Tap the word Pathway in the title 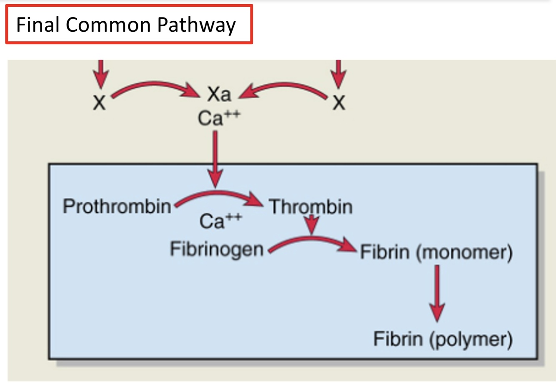coord(196,25)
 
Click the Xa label coord(219,94)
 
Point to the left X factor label coord(99,102)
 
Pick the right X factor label coord(339,102)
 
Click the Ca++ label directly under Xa coord(218,118)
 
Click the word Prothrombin coord(117,206)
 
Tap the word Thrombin coord(311,207)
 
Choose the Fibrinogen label coord(216,249)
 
